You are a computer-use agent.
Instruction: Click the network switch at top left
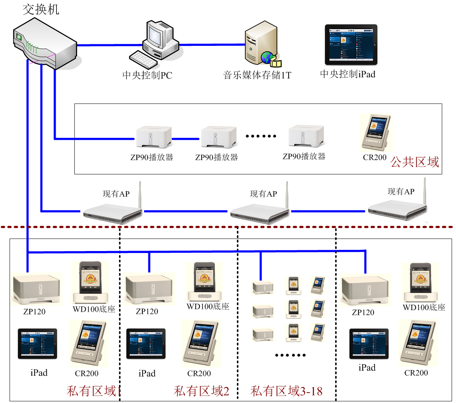(45, 45)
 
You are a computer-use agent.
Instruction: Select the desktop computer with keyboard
(154, 45)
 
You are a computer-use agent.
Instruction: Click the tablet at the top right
(351, 45)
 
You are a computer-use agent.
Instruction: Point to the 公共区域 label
(415, 162)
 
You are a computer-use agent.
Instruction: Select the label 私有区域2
(201, 391)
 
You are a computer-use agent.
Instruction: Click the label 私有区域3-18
(287, 391)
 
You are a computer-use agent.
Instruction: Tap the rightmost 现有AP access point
(397, 204)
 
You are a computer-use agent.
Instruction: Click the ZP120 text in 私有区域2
(147, 312)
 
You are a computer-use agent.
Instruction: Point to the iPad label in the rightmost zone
(367, 368)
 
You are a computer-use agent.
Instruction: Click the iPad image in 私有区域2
(146, 344)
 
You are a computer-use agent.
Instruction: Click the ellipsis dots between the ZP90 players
(261, 136)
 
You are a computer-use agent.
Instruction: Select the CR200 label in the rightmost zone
(416, 373)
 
